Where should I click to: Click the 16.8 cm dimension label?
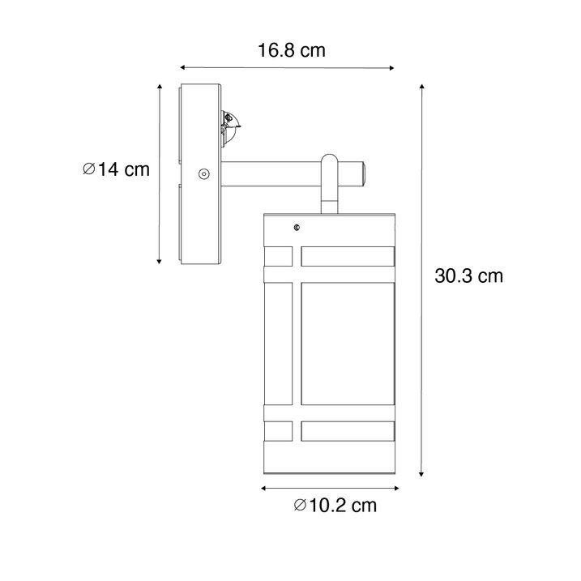tap(292, 50)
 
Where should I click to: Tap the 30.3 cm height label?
tap(468, 276)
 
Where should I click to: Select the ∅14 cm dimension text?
tap(116, 169)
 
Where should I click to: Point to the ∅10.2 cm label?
tap(335, 506)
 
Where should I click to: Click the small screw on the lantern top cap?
tap(297, 227)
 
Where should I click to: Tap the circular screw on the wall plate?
tap(203, 173)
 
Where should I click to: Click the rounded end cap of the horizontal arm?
tap(364, 173)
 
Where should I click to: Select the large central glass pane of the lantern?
tap(348, 344)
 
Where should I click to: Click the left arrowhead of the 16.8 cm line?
tap(182, 67)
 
